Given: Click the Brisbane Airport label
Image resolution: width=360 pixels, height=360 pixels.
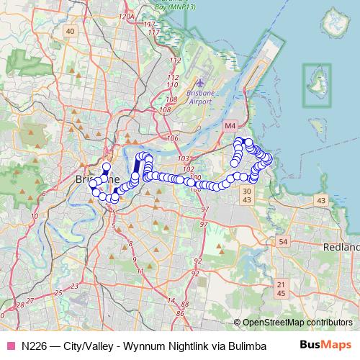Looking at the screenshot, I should (x=205, y=98).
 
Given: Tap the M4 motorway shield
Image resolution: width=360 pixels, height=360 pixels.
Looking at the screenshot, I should (x=230, y=126).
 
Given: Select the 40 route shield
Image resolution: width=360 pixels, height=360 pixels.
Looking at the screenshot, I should (x=70, y=31).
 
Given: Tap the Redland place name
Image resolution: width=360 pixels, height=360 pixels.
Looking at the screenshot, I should (x=343, y=247).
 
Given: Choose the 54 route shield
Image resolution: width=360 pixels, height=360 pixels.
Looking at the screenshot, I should (x=283, y=241).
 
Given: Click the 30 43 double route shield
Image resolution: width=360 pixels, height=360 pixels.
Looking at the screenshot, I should (x=247, y=194).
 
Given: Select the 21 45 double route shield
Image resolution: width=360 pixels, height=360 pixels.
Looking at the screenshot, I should (x=281, y=289).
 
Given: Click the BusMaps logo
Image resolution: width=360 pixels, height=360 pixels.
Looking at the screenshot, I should (x=330, y=346).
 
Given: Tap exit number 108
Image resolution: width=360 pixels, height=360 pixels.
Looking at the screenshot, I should (x=164, y=110).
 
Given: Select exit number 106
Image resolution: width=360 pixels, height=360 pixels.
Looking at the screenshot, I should (x=171, y=138).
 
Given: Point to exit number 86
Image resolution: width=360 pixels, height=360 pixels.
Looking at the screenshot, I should (x=181, y=314).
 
